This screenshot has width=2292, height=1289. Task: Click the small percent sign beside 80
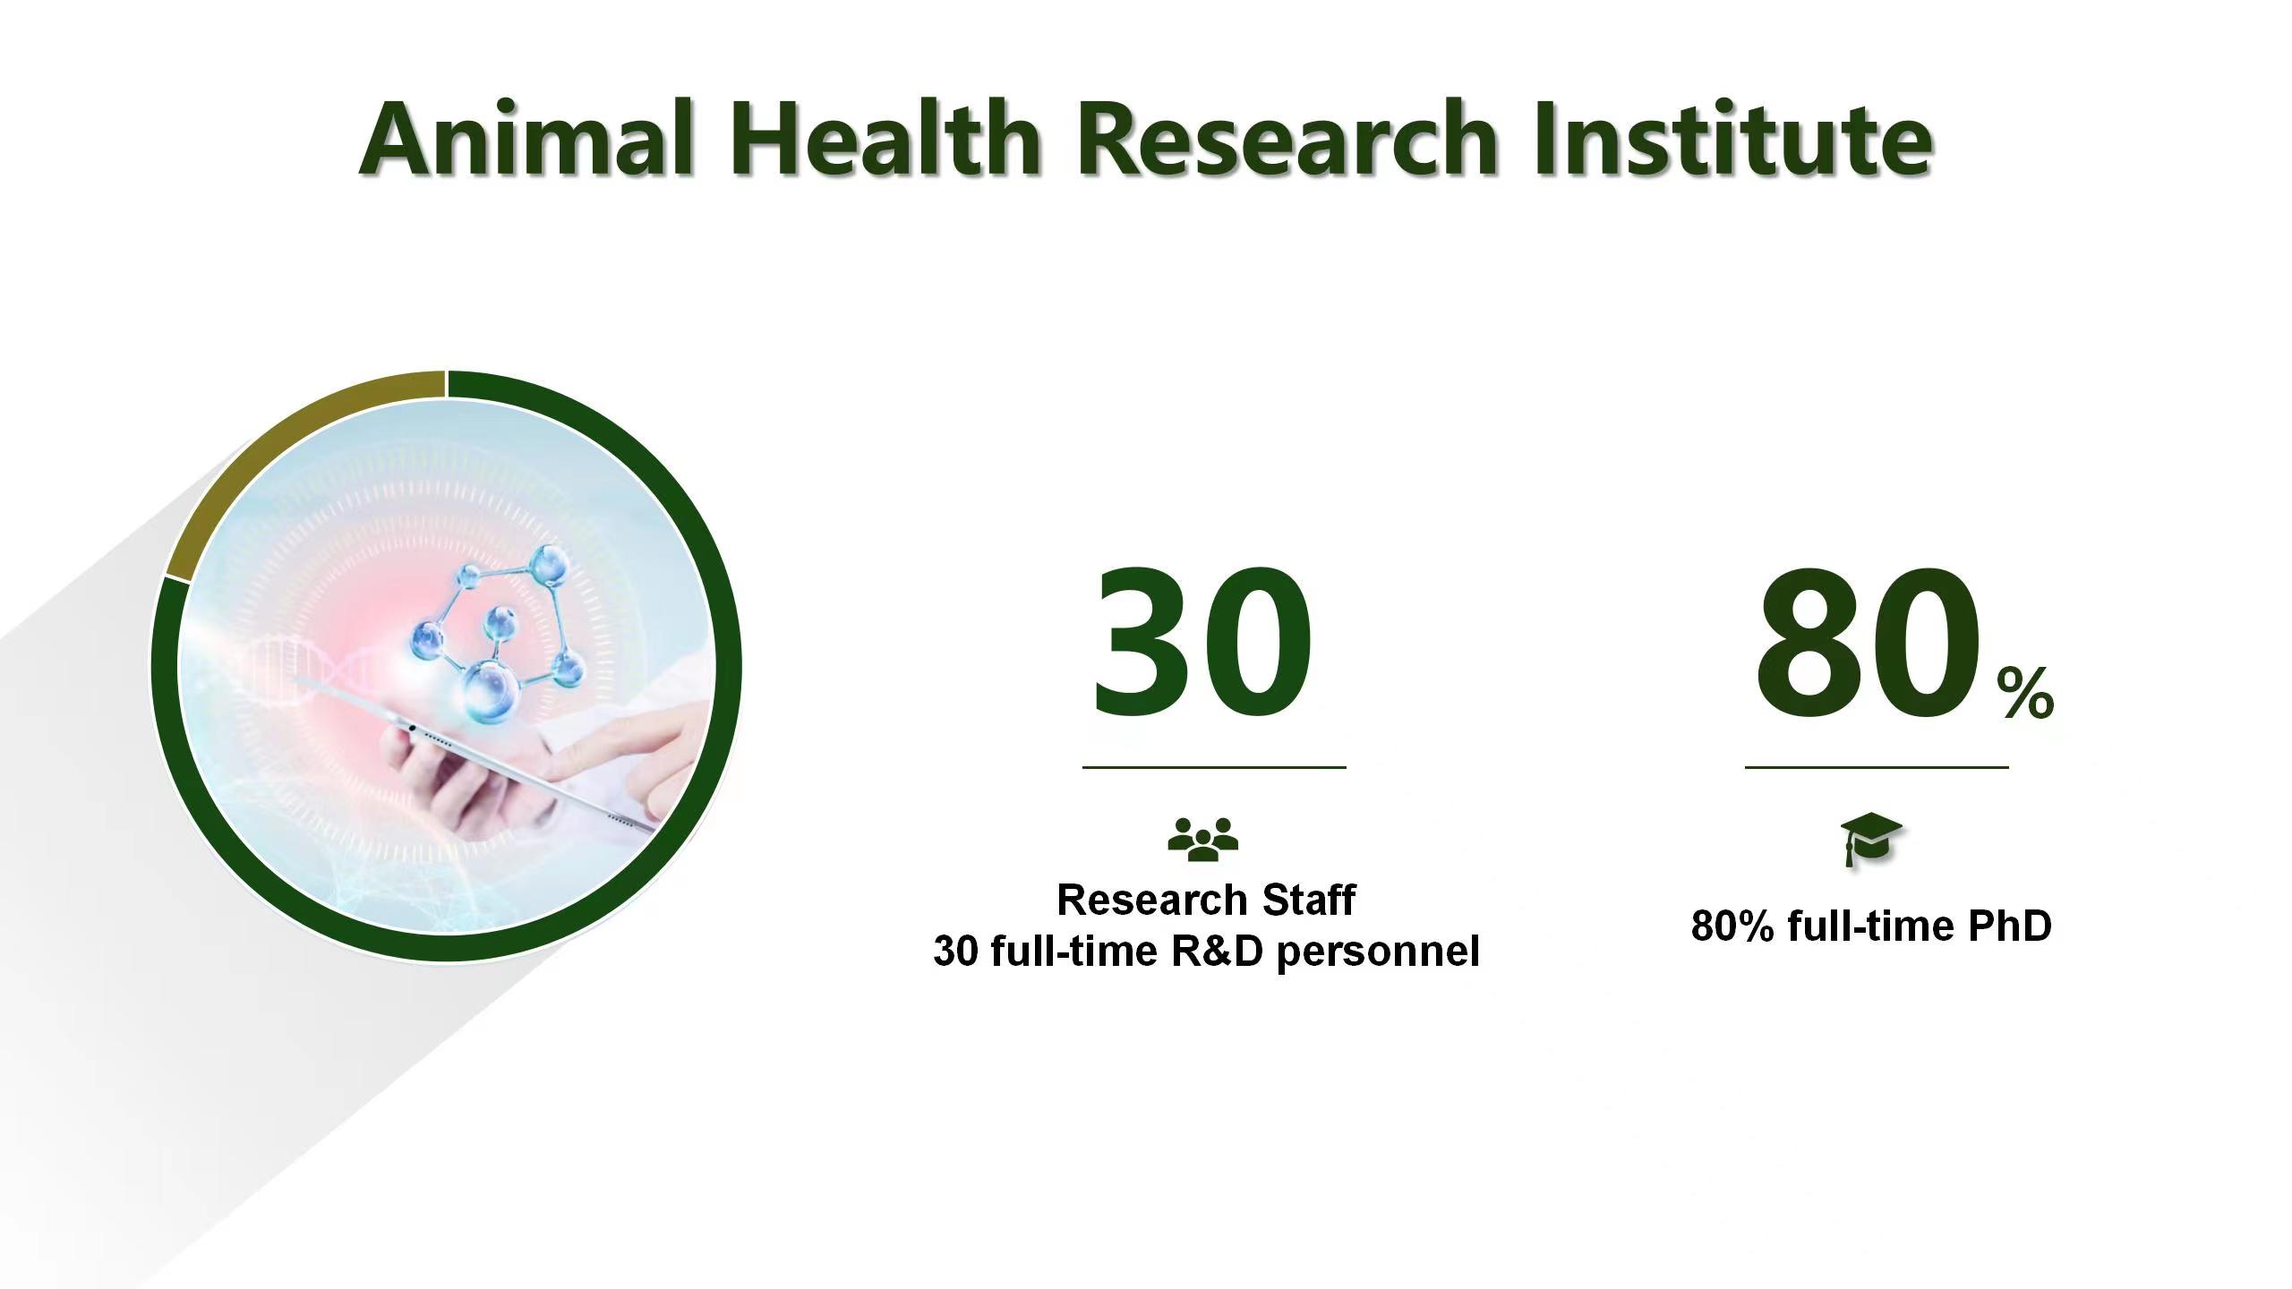point(2025,693)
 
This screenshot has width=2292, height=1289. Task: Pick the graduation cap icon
point(1870,840)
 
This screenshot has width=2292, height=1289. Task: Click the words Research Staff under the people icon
point(1206,900)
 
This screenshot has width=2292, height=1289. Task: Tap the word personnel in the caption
point(1378,952)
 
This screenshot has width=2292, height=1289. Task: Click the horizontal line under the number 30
point(1214,767)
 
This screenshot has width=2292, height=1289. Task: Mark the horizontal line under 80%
point(1877,767)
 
